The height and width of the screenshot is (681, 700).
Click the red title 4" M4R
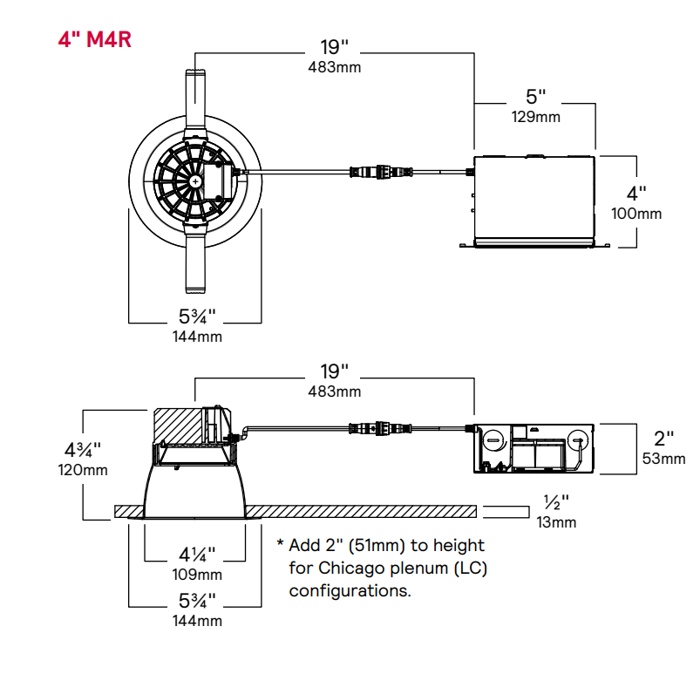(x=95, y=40)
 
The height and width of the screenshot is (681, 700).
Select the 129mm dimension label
(x=535, y=116)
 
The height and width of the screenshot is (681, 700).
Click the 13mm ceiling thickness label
(x=555, y=522)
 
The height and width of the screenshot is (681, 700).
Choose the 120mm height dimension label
(x=84, y=470)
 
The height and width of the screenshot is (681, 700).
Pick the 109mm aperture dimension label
(x=197, y=575)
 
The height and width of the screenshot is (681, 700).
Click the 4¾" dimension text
(x=83, y=450)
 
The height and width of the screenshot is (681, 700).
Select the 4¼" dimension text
(x=197, y=555)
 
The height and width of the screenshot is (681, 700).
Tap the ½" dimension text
(x=555, y=503)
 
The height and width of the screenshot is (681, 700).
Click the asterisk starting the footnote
(x=281, y=545)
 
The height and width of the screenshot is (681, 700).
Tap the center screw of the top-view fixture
(x=194, y=180)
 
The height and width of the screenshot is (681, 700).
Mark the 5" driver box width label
(x=536, y=96)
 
